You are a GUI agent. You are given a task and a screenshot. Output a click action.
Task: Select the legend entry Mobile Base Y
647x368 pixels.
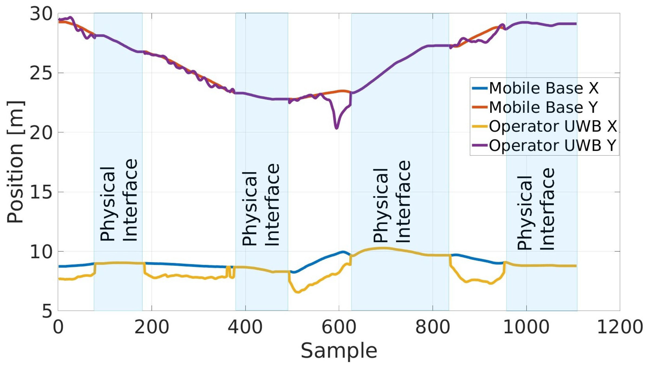pyautogui.click(x=544, y=107)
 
